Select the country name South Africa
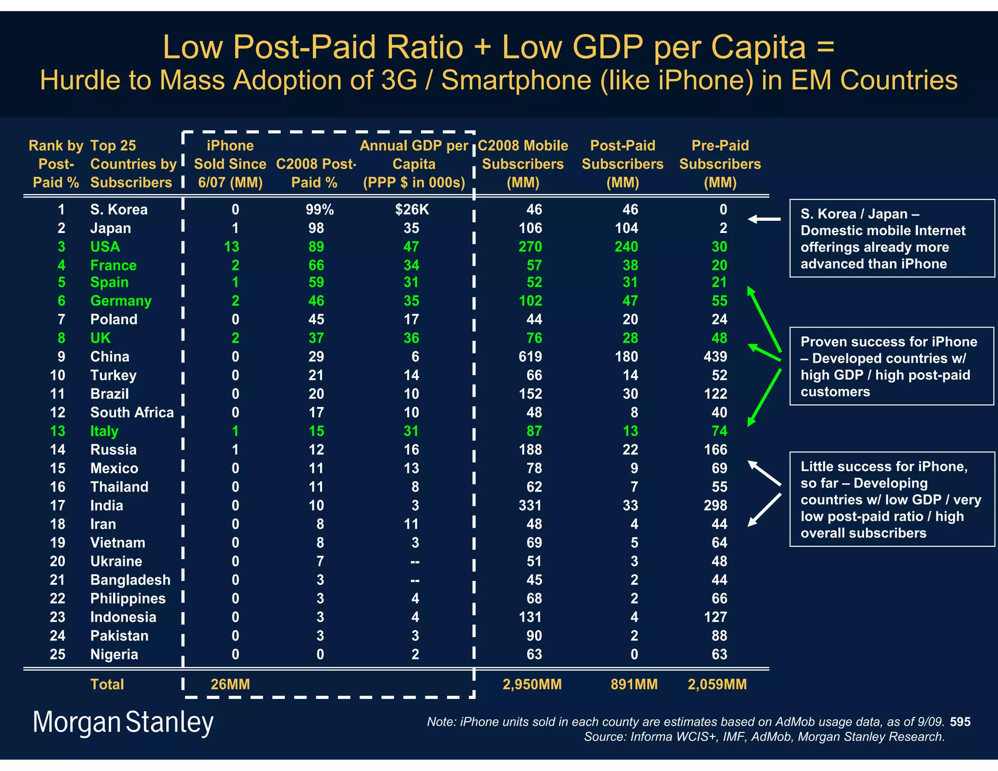tap(132, 412)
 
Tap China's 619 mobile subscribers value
tap(530, 357)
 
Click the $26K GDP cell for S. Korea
tap(412, 210)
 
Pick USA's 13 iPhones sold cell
tap(231, 247)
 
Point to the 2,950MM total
tap(532, 684)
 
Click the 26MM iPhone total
tap(230, 684)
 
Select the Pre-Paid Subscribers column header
tap(720, 164)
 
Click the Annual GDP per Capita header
tap(414, 164)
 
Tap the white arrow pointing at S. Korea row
tap(764, 219)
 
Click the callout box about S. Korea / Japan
tap(891, 238)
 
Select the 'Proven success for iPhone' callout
tap(891, 366)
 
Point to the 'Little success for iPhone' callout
tap(891, 499)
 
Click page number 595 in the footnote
tap(960, 722)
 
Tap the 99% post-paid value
tap(319, 210)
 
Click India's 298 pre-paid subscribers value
tap(715, 505)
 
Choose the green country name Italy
tap(104, 431)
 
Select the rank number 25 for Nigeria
tap(58, 654)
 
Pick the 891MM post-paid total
tap(633, 684)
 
